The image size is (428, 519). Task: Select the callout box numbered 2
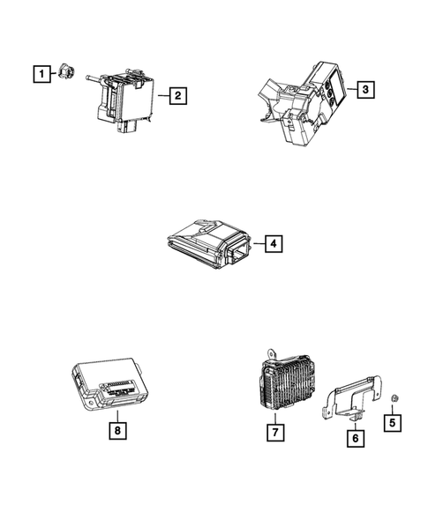tap(177, 96)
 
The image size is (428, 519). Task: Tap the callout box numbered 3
tap(363, 89)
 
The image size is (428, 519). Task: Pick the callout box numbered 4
tap(274, 243)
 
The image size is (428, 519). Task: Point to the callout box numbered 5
tap(392, 421)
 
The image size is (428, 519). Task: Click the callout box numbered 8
tap(115, 431)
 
